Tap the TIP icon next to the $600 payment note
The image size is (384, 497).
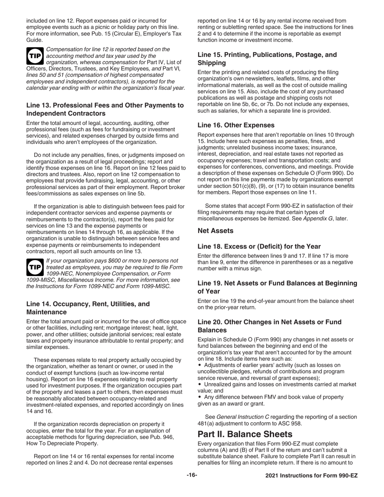34,267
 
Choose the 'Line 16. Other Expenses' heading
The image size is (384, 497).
236,125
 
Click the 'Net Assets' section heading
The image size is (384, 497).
215,231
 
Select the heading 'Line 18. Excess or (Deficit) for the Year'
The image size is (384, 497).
259,246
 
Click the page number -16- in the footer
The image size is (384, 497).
192,475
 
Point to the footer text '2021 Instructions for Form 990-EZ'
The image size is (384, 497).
311,476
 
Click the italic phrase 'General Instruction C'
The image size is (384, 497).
244,417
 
